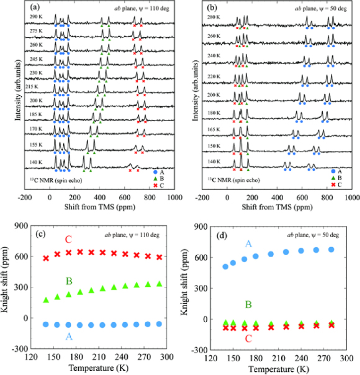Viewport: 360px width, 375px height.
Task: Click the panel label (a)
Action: pyautogui.click(x=34, y=8)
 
